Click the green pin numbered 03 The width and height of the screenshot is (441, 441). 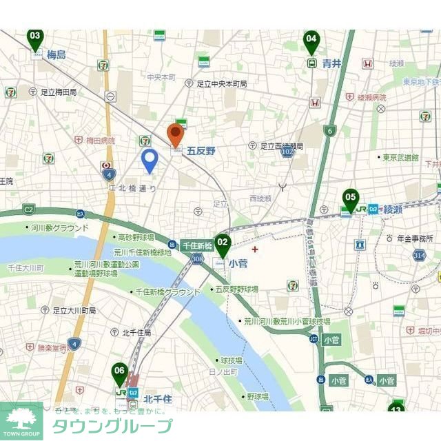coord(35,39)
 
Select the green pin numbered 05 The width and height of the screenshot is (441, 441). coord(351,200)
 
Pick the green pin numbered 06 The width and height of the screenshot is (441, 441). coord(120,374)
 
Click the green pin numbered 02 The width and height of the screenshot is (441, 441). coord(222,244)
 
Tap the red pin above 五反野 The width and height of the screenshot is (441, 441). coord(176,134)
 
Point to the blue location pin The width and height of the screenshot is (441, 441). coord(150,161)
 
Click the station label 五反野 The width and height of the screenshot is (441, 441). coord(201,150)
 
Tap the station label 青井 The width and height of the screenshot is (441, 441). coord(331,63)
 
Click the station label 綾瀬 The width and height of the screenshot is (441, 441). coord(393,209)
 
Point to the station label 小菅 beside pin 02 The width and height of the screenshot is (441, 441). coord(238,263)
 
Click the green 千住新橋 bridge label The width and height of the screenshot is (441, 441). coord(196,245)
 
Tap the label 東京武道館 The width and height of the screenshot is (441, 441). coord(400,157)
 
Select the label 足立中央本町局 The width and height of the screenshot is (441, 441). coord(221,83)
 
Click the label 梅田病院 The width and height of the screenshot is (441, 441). coord(101,141)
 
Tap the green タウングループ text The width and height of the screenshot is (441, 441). coord(112,425)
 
